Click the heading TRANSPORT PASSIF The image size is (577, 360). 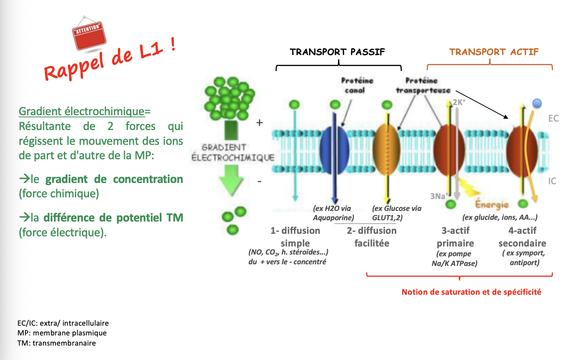click(337, 52)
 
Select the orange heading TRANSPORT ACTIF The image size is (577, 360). click(494, 52)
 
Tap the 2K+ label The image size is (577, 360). click(459, 102)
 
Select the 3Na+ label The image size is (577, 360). click(438, 196)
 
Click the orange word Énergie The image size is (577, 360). click(491, 205)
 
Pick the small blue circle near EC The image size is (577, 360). click(537, 102)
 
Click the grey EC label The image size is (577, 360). click(553, 118)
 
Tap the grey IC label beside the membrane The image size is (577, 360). click(552, 181)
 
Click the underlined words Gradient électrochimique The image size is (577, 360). click(82, 111)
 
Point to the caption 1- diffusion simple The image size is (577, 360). click(295, 237)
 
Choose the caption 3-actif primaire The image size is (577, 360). click(455, 237)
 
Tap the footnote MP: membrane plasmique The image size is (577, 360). click(62, 333)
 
